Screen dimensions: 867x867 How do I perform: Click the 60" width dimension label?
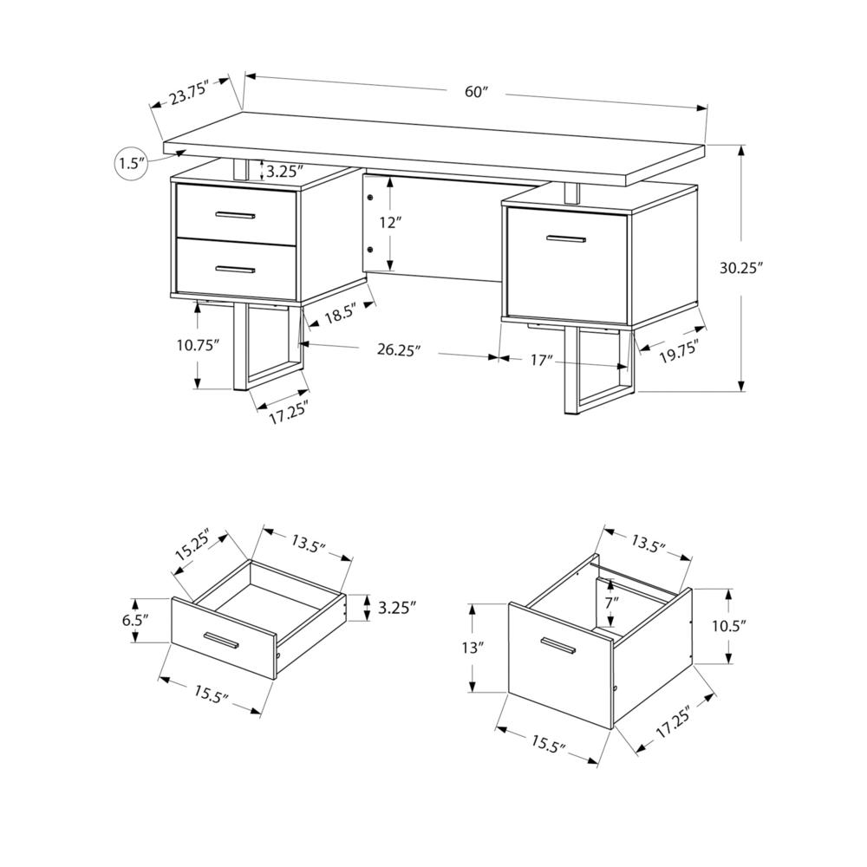(476, 93)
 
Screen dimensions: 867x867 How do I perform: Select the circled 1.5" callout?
(131, 163)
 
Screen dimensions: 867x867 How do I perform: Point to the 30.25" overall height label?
(740, 269)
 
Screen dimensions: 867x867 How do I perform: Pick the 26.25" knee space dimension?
(399, 350)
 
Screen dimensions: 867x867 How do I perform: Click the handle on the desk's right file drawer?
(566, 237)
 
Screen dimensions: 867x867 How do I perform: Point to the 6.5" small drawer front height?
(135, 620)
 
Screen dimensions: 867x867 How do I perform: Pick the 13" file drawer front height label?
(473, 648)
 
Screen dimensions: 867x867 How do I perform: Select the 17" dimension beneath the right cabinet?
(542, 358)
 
